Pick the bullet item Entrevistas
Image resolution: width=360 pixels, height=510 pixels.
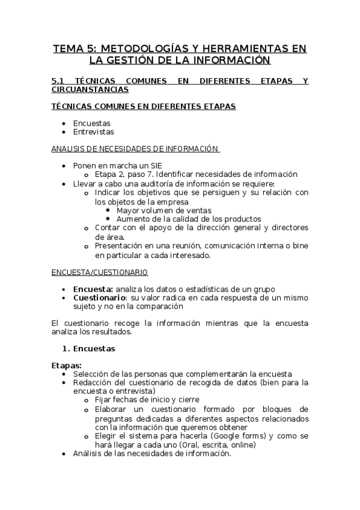pos(93,132)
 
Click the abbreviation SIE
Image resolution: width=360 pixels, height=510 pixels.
pos(154,165)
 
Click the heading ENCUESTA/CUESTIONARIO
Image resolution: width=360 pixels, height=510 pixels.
pos(99,272)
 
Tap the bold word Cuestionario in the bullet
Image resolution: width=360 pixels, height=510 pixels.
pos(99,298)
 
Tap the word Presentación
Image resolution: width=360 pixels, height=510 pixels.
pos(120,246)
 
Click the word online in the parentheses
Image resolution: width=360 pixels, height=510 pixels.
pos(241,445)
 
